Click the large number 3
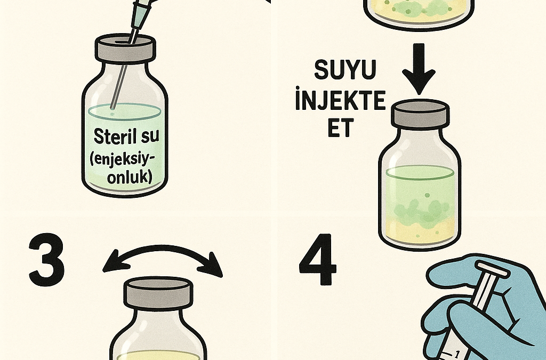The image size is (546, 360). click(46, 260)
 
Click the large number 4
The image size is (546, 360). click(318, 259)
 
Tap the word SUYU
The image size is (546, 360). click(345, 69)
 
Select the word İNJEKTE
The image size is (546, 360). click(340, 100)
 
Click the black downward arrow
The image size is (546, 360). click(419, 69)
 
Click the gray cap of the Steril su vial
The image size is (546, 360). click(125, 47)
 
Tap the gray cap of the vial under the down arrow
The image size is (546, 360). click(420, 113)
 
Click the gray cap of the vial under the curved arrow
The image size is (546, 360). click(158, 293)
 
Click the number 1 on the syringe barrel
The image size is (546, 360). click(457, 355)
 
